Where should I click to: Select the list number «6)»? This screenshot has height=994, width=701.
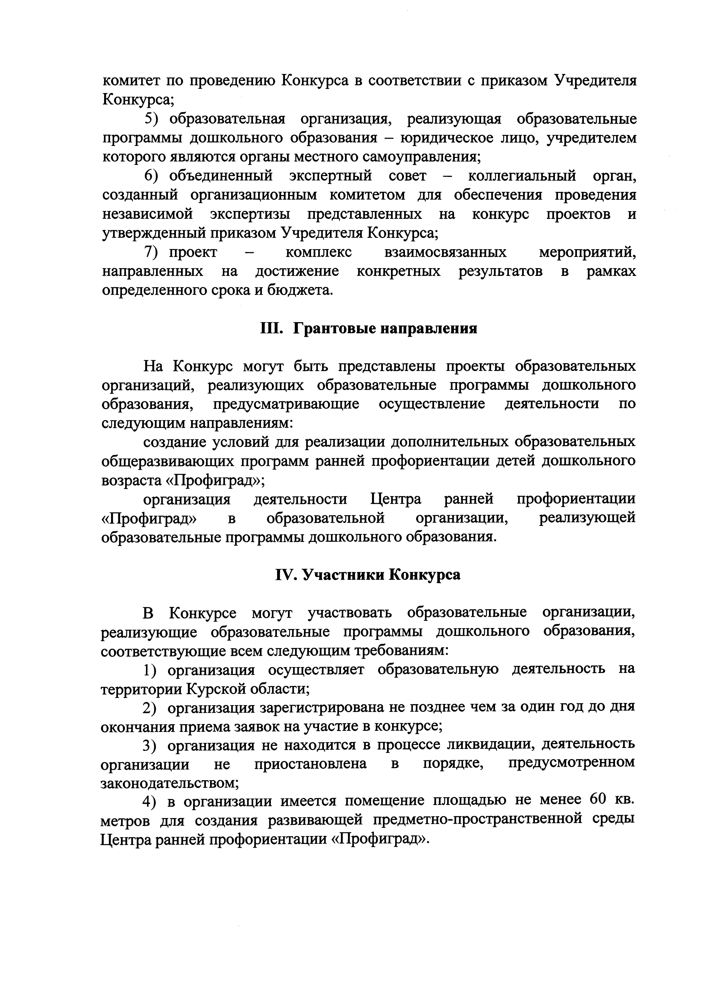[x=152, y=176]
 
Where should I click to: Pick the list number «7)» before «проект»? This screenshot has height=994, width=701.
[x=152, y=252]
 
